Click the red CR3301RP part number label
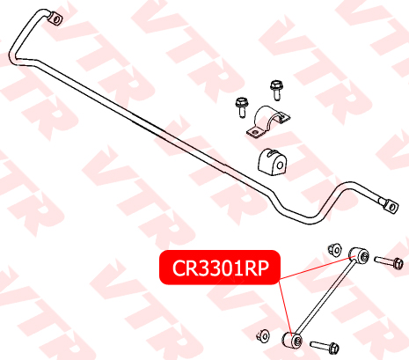(x=220, y=268)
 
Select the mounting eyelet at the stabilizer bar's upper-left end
(x=55, y=18)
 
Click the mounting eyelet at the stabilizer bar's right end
(x=391, y=206)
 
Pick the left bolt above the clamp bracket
(x=242, y=107)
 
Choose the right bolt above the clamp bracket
(x=276, y=90)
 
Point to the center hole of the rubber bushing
(x=280, y=165)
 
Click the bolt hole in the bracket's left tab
(x=255, y=133)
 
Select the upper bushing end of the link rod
(x=359, y=256)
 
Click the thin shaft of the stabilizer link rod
(x=325, y=298)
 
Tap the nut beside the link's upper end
(x=334, y=250)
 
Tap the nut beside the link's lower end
(x=263, y=335)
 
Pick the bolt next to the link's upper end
(x=389, y=261)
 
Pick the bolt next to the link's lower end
(x=325, y=347)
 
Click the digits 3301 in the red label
(x=220, y=268)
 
